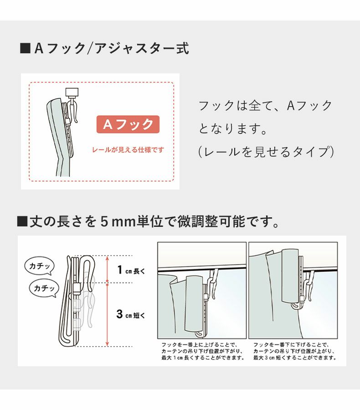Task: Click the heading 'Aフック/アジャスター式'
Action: [x=112, y=48]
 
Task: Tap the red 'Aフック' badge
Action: [x=128, y=124]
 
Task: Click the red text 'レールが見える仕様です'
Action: [x=128, y=149]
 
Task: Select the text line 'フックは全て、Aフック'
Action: [x=265, y=106]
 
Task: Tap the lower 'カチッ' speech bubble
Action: [x=44, y=288]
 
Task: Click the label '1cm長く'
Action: [x=130, y=270]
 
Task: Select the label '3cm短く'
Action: [x=130, y=314]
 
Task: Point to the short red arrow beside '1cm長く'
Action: [x=107, y=269]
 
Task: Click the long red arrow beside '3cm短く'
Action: [x=107, y=315]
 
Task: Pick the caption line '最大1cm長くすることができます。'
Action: [x=202, y=358]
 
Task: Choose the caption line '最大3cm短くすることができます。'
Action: [x=294, y=358]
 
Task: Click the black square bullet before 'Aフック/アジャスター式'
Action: [x=25, y=48]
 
